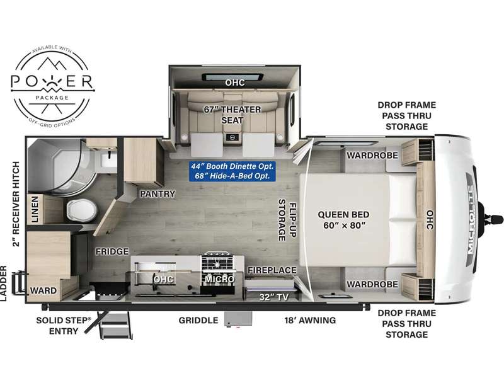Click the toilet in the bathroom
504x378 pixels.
82,210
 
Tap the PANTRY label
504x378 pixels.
157,194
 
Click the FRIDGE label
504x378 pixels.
112,251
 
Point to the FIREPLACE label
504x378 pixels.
272,270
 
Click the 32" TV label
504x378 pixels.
274,297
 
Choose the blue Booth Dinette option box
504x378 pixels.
232,171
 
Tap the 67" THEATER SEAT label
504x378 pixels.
232,115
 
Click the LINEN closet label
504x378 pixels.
35,209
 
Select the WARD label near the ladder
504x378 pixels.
43,290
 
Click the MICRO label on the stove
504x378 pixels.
219,279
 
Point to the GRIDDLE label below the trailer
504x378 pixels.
198,321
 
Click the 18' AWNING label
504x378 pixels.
310,321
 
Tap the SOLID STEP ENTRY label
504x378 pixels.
64,326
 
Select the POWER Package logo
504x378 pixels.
52,84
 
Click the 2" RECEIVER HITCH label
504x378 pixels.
16,203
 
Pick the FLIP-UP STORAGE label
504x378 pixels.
287,220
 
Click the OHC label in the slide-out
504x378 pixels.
235,83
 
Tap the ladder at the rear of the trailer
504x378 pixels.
19,283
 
